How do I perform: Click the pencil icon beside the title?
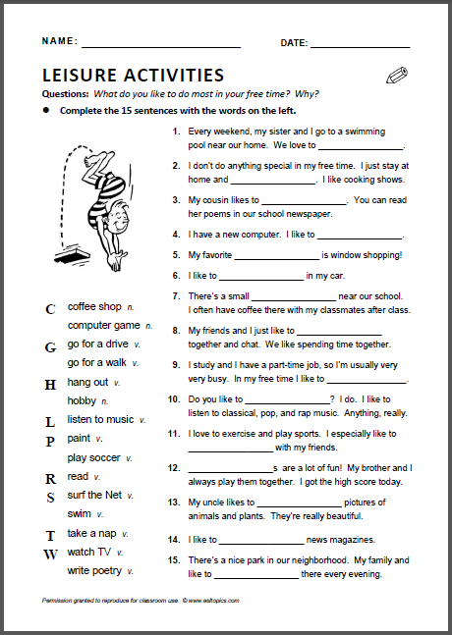point(397,75)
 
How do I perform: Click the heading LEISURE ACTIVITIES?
point(134,75)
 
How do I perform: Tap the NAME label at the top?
point(60,42)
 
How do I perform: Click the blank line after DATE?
point(361,43)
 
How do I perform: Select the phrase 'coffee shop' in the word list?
point(94,306)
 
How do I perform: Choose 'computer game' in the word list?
point(103,325)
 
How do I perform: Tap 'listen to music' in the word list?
point(100,419)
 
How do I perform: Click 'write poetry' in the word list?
point(94,570)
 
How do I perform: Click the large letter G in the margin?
point(50,346)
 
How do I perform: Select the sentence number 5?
point(175,255)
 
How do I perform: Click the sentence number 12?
point(173,468)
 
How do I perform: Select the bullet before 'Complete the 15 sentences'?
point(46,111)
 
